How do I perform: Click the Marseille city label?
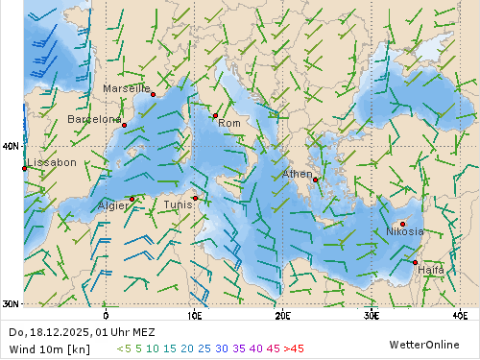pos(127,88)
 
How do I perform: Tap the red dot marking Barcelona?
pos(124,125)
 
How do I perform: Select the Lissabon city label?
pos(52,163)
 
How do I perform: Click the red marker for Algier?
pos(132,199)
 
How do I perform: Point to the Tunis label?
pos(178,204)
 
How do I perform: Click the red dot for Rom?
pos(215,116)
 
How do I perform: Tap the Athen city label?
pos(298,174)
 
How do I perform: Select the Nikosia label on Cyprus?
pos(405,231)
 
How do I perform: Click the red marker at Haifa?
pos(415,262)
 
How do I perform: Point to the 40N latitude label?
pos(11,146)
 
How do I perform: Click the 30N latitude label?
pos(11,304)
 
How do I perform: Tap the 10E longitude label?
pos(194,314)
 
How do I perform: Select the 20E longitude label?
pos(282,314)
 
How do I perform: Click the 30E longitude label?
pos(372,314)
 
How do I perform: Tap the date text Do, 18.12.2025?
pos(48,332)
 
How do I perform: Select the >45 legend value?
pos(293,348)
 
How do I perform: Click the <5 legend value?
pos(123,348)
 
